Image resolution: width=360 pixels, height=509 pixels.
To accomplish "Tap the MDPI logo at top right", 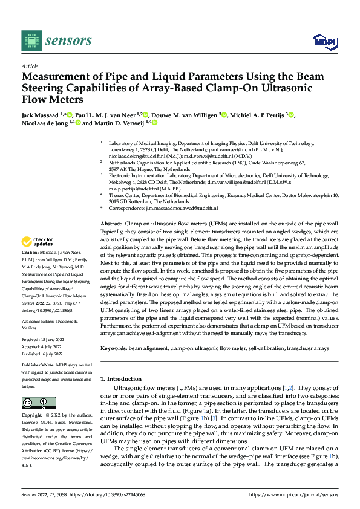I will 324,41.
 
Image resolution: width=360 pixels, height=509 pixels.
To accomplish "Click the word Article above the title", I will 30,66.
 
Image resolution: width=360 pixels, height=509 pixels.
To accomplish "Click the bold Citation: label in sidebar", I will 30,251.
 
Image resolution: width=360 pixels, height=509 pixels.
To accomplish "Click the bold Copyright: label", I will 33,416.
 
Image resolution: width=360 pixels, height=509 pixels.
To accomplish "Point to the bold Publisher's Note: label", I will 39,366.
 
